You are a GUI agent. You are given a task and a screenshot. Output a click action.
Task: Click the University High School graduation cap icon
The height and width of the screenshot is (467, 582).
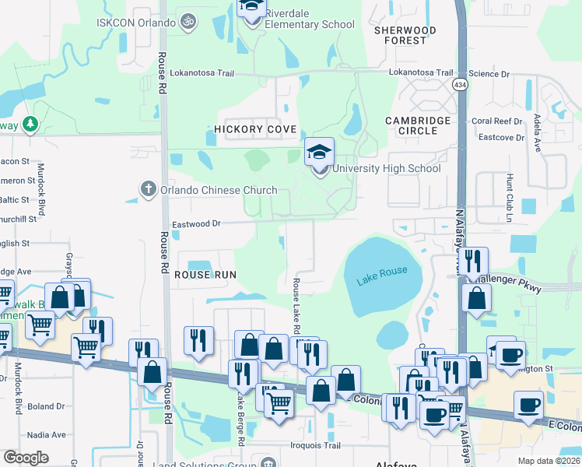click(x=319, y=153)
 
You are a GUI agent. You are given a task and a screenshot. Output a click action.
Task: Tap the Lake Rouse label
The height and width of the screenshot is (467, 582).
click(x=382, y=276)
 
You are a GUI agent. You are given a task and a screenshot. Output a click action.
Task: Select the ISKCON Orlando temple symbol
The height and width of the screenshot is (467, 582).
click(x=187, y=22)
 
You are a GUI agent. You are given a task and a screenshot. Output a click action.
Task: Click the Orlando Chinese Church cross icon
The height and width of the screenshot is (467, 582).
click(x=148, y=189)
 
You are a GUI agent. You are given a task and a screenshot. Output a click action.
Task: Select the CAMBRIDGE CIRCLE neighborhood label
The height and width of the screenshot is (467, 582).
click(x=419, y=125)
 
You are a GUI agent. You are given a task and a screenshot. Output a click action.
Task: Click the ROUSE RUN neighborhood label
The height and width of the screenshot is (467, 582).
click(x=205, y=275)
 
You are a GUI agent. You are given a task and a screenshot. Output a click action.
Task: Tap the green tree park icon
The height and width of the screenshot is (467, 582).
click(x=30, y=124)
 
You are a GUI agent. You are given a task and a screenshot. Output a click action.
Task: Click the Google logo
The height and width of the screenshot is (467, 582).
click(x=26, y=458)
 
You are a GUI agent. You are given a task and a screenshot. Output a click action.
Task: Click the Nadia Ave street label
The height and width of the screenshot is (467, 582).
click(x=46, y=435)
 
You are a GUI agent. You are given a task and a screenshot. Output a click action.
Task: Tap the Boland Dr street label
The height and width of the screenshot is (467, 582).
click(x=46, y=406)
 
